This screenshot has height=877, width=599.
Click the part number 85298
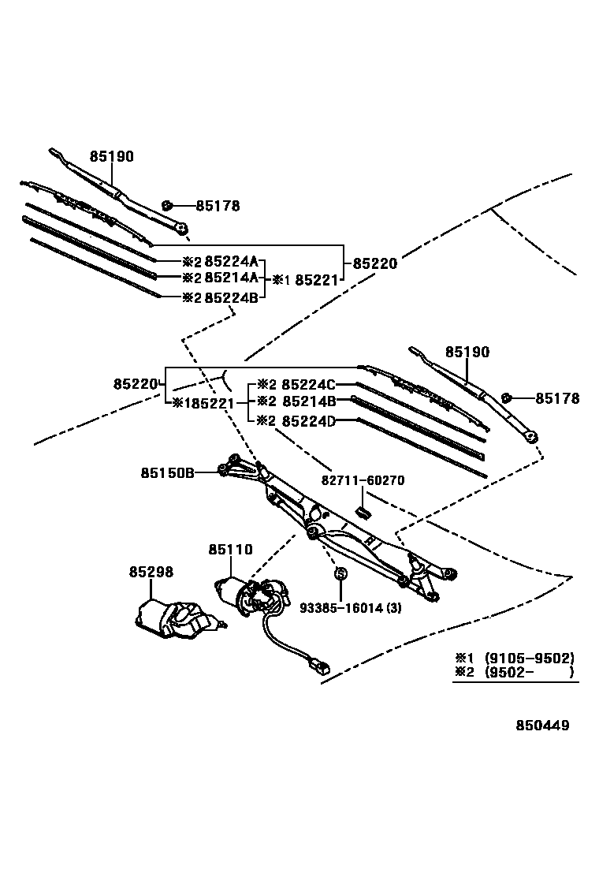pos(151,571)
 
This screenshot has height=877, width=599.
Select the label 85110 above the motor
pos(230,549)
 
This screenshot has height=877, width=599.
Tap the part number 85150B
pos(167,473)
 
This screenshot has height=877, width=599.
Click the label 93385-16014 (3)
pos(351,607)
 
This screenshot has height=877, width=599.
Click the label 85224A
pos(232,263)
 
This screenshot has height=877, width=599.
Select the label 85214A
pos(232,278)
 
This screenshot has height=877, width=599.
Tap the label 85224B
pos(232,297)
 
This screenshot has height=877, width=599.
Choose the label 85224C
pos(309,385)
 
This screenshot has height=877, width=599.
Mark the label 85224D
pos(309,421)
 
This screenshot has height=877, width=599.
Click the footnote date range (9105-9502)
pos(529,658)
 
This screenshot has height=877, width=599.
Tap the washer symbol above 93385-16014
pos(340,572)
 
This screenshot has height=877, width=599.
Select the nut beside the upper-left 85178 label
pos(167,206)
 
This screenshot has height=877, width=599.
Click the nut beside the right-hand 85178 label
pos(508,397)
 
